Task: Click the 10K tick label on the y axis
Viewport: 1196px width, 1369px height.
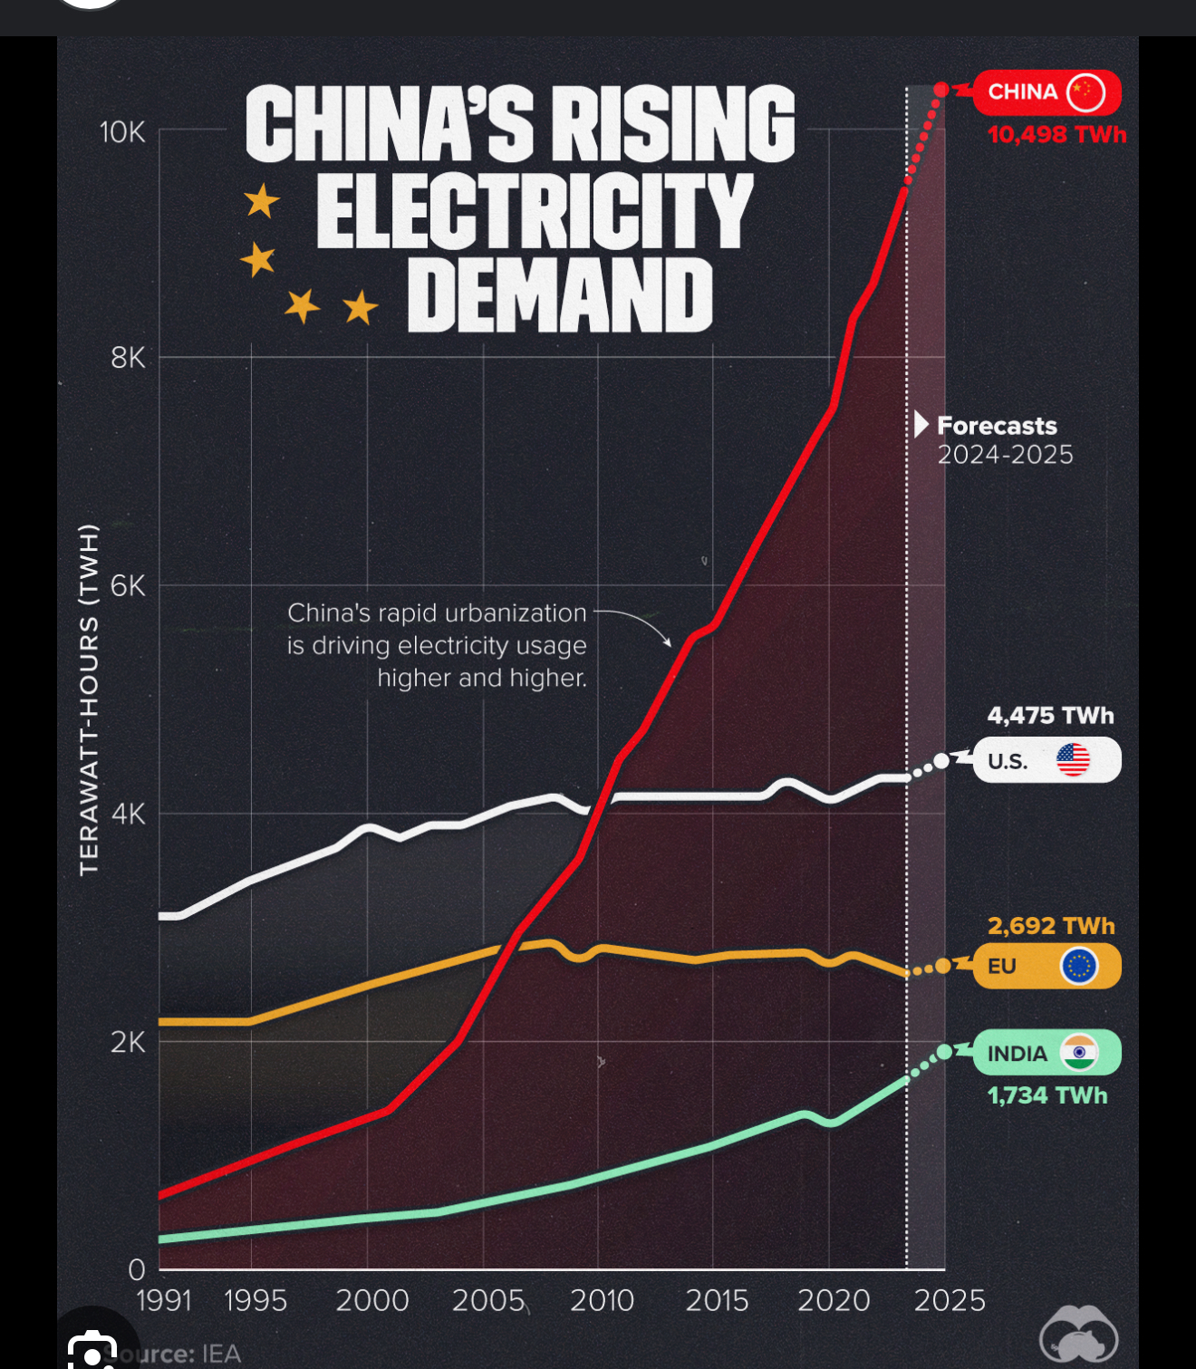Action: point(122,132)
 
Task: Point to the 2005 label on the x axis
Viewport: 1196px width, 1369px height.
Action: point(488,1301)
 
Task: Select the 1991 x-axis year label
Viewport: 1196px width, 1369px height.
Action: point(164,1301)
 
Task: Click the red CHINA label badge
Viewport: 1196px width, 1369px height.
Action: point(1046,92)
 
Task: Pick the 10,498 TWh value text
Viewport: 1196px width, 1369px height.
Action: point(1056,135)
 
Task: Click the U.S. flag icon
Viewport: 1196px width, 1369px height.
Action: point(1073,760)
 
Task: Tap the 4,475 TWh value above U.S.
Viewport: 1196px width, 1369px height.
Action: point(1050,716)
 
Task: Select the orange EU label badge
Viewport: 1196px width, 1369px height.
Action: point(1046,966)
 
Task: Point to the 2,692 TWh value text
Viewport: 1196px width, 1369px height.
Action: point(1051,926)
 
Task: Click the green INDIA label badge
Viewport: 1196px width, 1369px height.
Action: point(1046,1053)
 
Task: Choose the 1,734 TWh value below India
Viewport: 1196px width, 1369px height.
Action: point(1047,1095)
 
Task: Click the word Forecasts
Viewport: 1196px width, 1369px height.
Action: point(997,426)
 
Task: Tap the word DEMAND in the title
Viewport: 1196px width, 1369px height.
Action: point(560,295)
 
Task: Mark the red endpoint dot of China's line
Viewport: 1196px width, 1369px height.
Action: point(941,90)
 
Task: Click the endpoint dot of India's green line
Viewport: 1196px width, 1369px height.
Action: point(944,1052)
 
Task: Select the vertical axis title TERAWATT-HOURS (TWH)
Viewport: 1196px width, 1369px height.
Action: point(88,699)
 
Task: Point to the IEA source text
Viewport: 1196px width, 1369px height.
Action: point(221,1354)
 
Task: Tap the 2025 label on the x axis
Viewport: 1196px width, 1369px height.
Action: point(949,1301)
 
